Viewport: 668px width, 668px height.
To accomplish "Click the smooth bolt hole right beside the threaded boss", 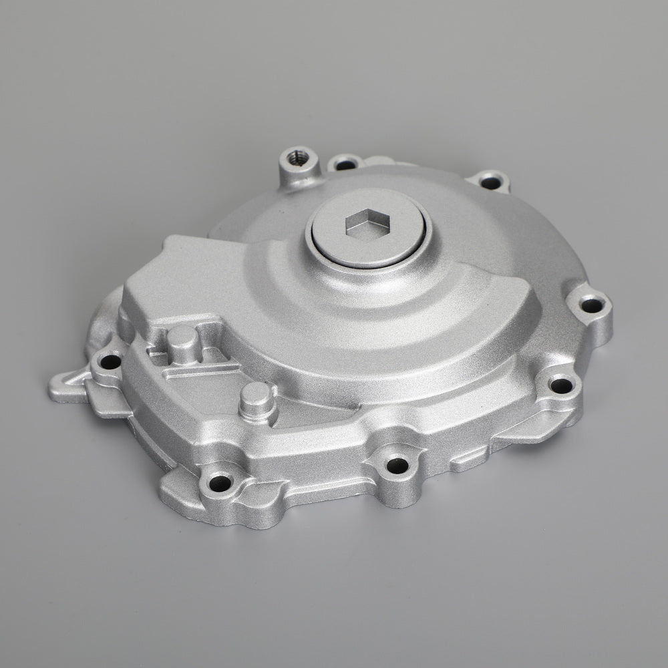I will point(345,164).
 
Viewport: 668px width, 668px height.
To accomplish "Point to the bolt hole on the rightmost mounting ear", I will point(591,307).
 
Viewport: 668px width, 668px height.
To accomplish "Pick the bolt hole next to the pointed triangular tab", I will point(110,363).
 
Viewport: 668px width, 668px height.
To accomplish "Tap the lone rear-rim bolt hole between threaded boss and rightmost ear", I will point(491,182).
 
